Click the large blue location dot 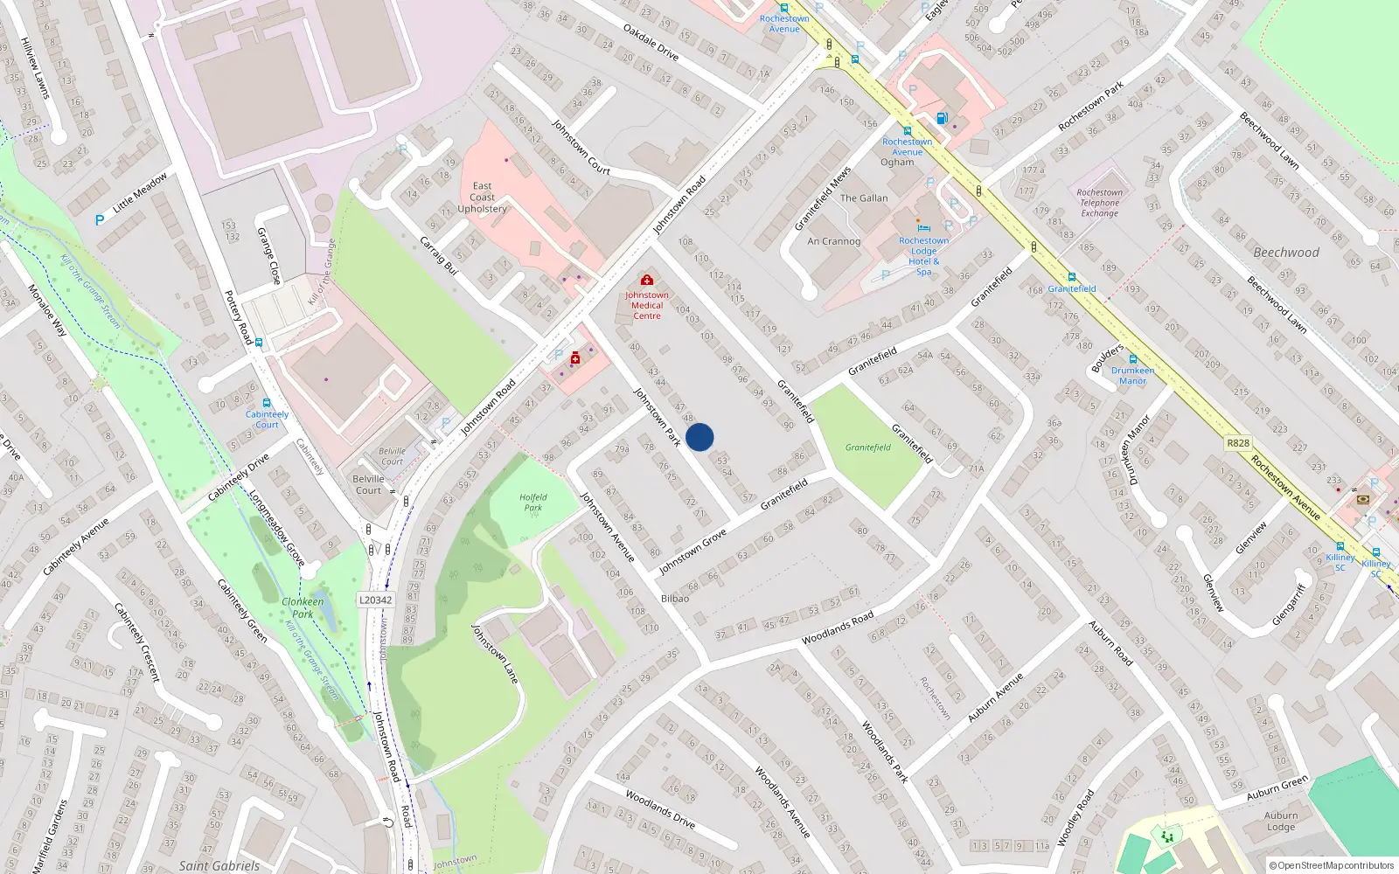coord(699,437)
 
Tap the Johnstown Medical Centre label coord(647,305)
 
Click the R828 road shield coord(1238,443)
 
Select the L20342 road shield coord(376,600)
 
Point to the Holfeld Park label coord(533,503)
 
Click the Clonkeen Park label coord(303,607)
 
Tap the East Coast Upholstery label coord(482,198)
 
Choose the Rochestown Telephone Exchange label coord(1099,203)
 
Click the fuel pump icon coord(942,118)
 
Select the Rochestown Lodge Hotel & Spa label coord(923,256)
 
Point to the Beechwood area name coord(1286,253)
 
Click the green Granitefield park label coord(867,447)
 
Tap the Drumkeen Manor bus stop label coord(1132,376)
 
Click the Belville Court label coord(368,484)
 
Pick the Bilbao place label coord(675,599)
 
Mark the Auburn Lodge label coord(1280,821)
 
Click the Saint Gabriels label coord(219,866)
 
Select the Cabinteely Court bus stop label coord(267,420)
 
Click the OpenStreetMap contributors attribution coord(1332,866)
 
